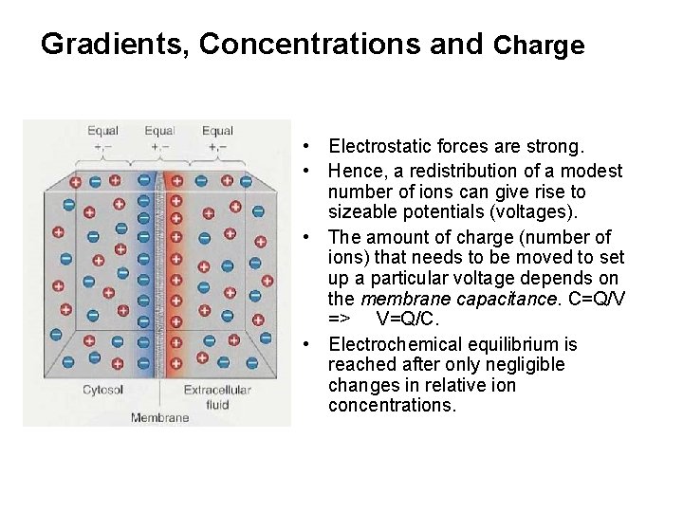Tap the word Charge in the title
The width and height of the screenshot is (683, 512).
[x=539, y=45]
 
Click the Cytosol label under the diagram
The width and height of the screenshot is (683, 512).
[x=103, y=390]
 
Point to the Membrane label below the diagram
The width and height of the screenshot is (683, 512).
[x=159, y=417]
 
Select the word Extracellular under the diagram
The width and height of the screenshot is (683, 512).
[x=217, y=390]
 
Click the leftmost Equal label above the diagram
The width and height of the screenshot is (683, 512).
[x=102, y=131]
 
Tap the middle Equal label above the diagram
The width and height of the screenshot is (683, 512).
[x=159, y=131]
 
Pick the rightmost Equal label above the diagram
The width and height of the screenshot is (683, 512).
[x=217, y=131]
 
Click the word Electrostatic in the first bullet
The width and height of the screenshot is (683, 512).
[x=376, y=147]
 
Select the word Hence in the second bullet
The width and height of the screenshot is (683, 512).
[x=352, y=171]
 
